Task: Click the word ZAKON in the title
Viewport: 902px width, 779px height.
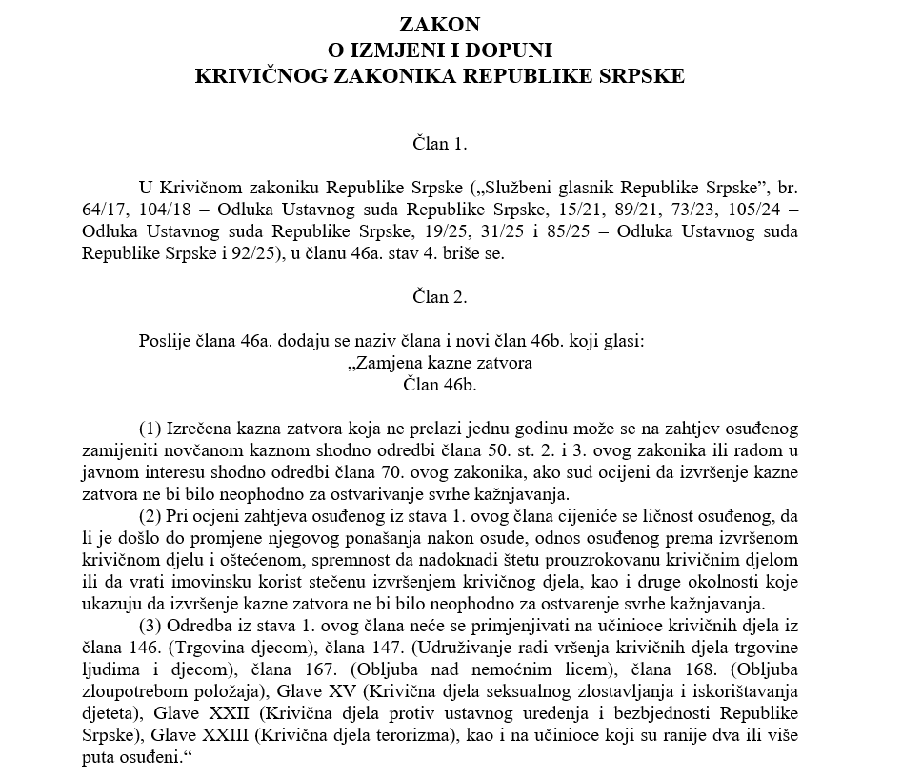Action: pyautogui.click(x=440, y=23)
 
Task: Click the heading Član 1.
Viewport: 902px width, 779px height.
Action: pyautogui.click(x=440, y=144)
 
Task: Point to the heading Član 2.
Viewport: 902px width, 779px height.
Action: pyautogui.click(x=440, y=298)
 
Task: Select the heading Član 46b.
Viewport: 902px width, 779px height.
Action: pyautogui.click(x=440, y=384)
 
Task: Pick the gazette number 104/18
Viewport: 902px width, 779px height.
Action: pyautogui.click(x=156, y=209)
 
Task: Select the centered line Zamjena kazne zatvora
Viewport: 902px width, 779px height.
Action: pyautogui.click(x=440, y=363)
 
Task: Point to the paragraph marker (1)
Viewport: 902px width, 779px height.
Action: pyautogui.click(x=151, y=426)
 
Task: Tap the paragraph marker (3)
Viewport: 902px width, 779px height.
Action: pyautogui.click(x=151, y=626)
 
